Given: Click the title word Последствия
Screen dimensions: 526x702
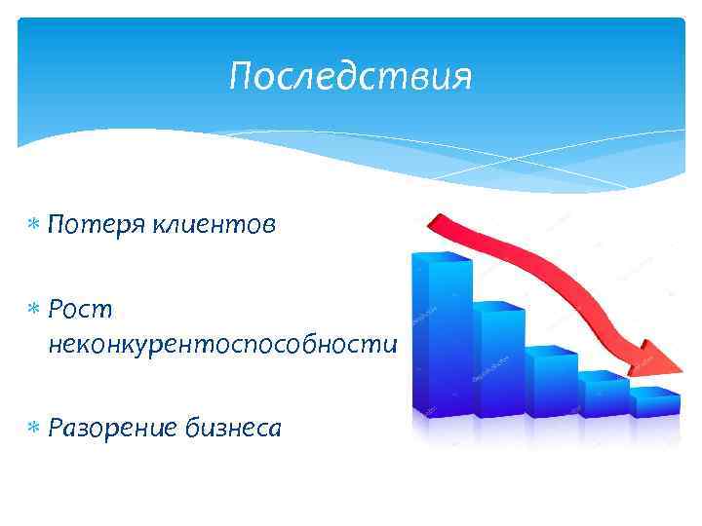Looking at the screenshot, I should [350, 76].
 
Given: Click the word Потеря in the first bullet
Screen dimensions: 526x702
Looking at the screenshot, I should [93, 225].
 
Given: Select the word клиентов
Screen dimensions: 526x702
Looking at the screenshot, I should [213, 225].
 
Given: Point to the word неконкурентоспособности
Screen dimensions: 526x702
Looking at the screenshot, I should [220, 344].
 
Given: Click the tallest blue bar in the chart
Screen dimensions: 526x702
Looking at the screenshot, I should [439, 341].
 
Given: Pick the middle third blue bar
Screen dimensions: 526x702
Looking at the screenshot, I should [551, 385].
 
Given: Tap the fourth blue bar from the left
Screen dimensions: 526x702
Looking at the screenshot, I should [602, 396].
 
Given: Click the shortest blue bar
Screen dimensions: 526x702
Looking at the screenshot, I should [653, 405].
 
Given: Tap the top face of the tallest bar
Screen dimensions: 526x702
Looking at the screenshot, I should [442, 257].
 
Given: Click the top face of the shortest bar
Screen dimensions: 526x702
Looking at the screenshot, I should [654, 392].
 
